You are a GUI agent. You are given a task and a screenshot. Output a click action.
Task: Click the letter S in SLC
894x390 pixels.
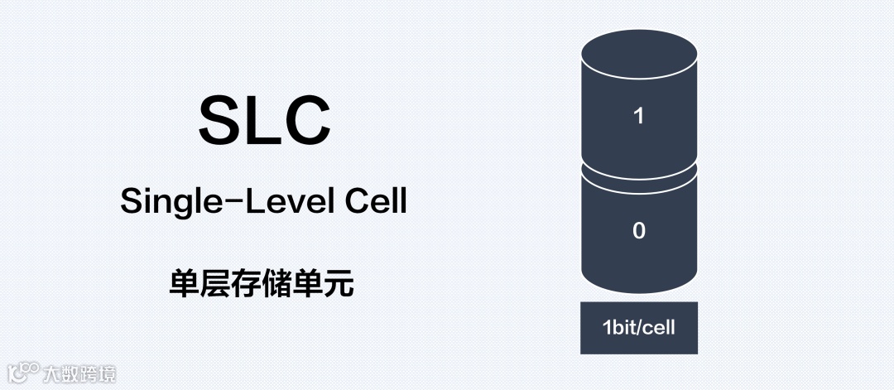pyautogui.click(x=221, y=120)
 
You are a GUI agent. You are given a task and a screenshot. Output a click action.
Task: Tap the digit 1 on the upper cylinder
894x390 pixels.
pyautogui.click(x=638, y=116)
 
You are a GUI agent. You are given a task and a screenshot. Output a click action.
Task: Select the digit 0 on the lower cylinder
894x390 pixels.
pyautogui.click(x=638, y=231)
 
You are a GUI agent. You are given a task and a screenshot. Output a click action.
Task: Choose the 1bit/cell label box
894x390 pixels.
pyautogui.click(x=638, y=328)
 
